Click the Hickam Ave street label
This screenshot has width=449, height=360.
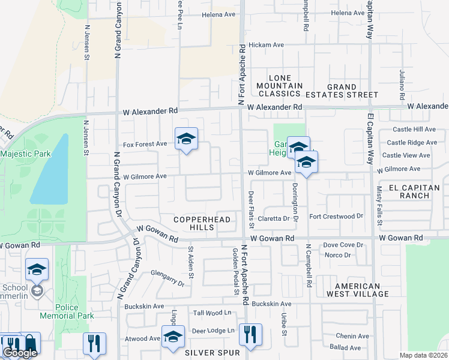tap(267, 45)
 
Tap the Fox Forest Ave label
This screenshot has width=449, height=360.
tap(145, 144)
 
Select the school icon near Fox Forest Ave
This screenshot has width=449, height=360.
tap(186, 140)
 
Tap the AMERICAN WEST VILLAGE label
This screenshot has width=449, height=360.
tap(357, 290)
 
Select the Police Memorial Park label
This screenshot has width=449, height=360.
tap(67, 311)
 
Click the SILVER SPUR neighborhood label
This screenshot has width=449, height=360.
tap(208, 352)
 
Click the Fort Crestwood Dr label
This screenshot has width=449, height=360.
tap(336, 216)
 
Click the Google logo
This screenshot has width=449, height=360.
tap(19, 353)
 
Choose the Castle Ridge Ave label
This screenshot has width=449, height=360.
tap(412, 143)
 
